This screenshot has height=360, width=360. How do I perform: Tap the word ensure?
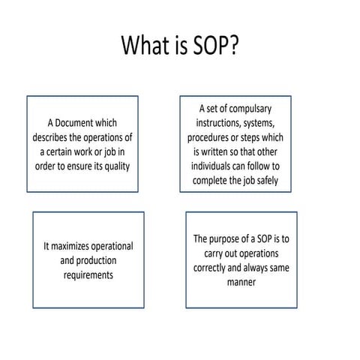(x=85, y=166)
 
